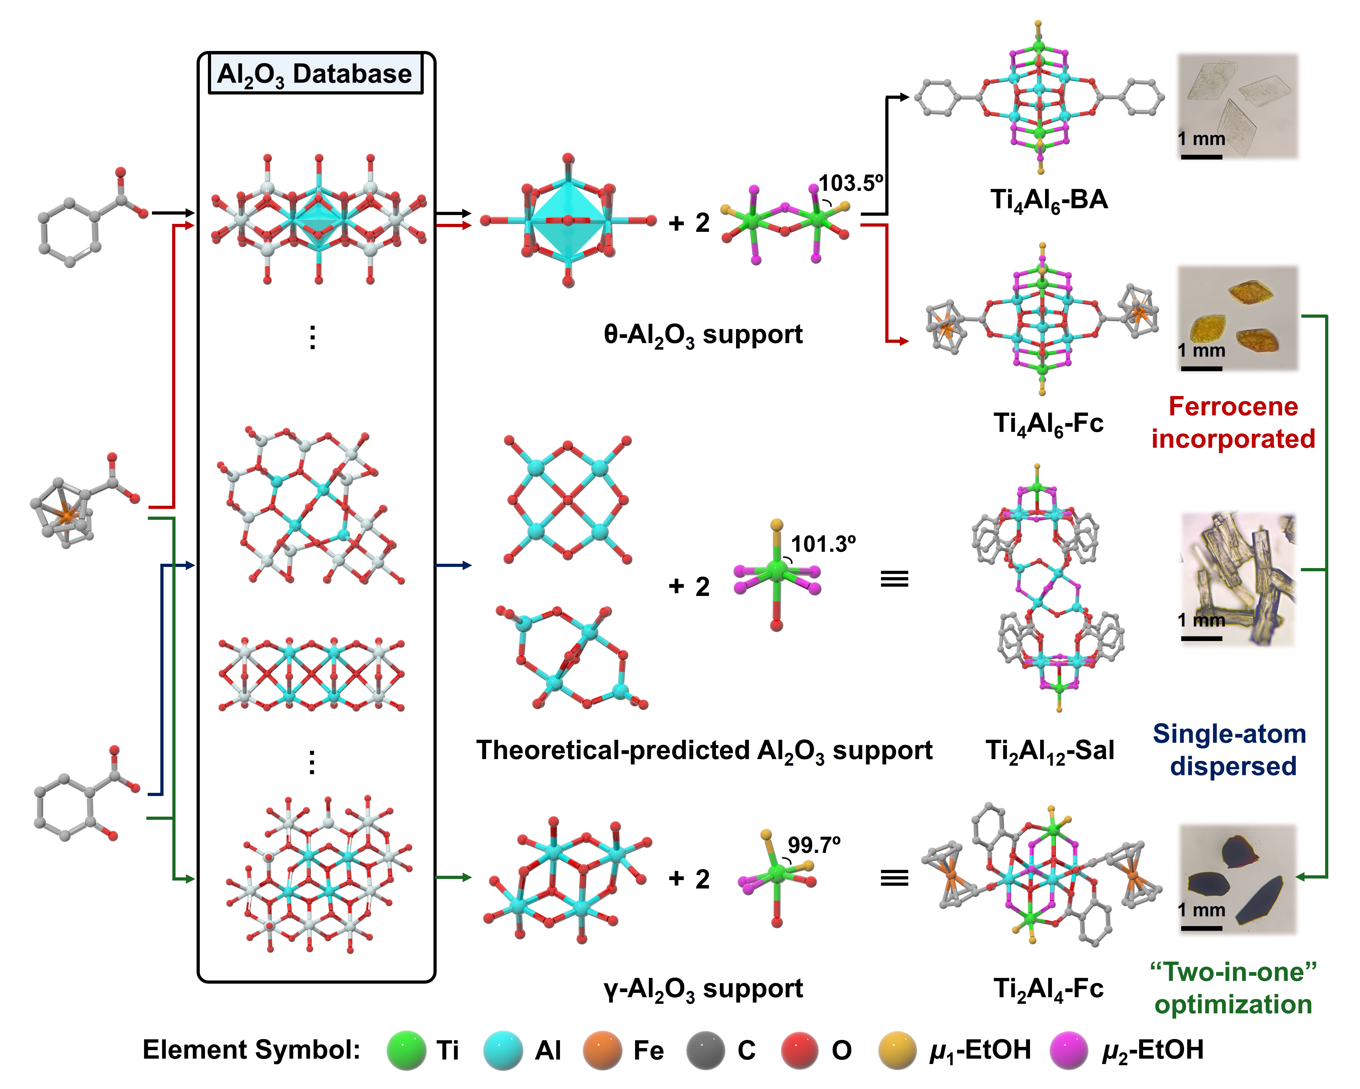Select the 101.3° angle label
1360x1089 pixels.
point(823,544)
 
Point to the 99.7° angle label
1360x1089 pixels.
point(814,845)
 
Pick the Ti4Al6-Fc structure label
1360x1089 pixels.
point(1048,423)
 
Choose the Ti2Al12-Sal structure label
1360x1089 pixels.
point(1050,751)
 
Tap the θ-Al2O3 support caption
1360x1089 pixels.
point(703,334)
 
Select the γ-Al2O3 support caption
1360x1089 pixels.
point(703,989)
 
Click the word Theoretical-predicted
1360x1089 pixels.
point(612,750)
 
